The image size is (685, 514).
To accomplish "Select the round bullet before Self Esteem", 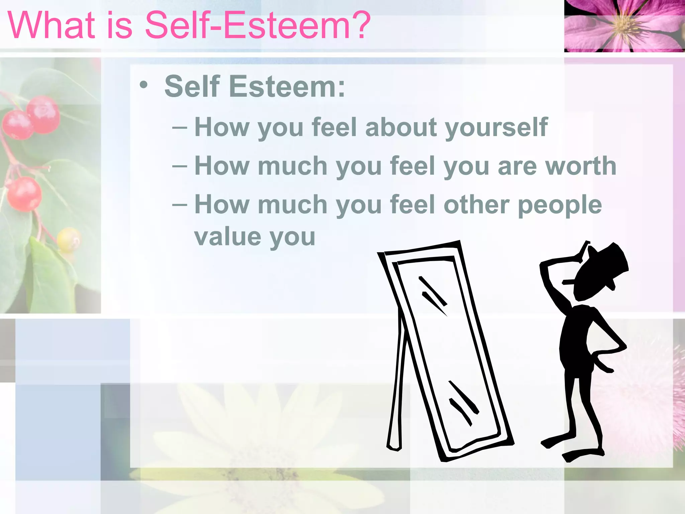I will pyautogui.click(x=143, y=85).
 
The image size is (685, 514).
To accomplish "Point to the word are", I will pyautogui.click(x=517, y=167).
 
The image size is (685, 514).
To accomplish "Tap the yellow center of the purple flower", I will pyautogui.click(x=623, y=24).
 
